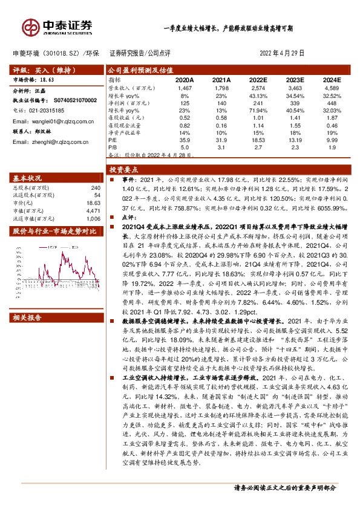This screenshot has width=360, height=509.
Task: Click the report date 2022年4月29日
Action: pos(282,53)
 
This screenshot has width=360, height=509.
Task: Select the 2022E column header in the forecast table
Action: pos(258,80)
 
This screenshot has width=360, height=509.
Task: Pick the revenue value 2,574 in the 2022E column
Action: pos(258,88)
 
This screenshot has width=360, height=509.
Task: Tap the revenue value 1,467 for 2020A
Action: pos(185,88)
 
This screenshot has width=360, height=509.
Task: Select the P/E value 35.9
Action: pos(185,140)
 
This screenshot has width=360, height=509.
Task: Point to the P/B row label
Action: pos(113,147)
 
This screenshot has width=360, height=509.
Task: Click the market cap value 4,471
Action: pos(94,210)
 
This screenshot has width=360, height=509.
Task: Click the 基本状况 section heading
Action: pos(27,178)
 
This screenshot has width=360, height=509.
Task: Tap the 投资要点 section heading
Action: pos(124,170)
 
